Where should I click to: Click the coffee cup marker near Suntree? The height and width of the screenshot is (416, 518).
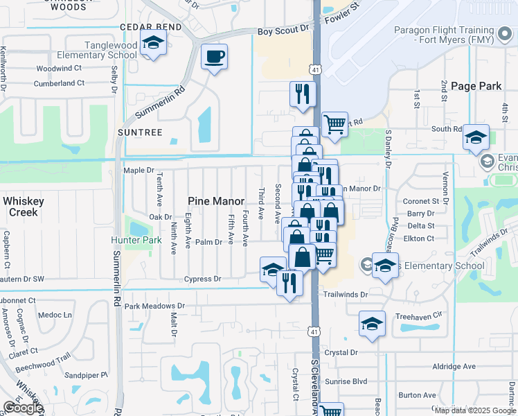pyautogui.click(x=214, y=56)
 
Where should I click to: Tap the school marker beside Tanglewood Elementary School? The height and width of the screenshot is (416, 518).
pyautogui.click(x=153, y=43)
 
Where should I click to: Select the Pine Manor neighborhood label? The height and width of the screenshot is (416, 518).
pyautogui.click(x=215, y=201)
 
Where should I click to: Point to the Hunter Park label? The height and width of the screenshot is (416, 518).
pyautogui.click(x=136, y=241)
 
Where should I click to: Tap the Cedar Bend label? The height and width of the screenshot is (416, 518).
pyautogui.click(x=150, y=27)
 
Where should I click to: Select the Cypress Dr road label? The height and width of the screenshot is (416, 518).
pyautogui.click(x=202, y=279)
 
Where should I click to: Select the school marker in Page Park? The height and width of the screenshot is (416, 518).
pyautogui.click(x=476, y=137)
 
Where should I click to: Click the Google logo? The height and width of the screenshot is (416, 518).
pyautogui.click(x=23, y=408)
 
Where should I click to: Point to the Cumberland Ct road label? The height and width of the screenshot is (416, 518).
pyautogui.click(x=61, y=83)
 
